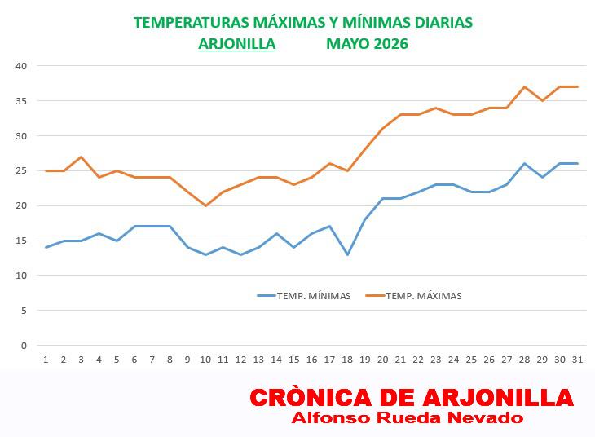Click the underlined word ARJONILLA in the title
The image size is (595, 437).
(237, 44)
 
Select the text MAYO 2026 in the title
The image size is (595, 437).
(367, 44)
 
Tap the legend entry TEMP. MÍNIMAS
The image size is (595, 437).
(304, 296)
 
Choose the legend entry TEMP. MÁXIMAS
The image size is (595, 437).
(413, 296)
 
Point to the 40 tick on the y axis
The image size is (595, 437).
(21, 66)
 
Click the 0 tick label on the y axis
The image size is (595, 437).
(24, 346)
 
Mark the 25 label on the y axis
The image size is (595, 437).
(21, 170)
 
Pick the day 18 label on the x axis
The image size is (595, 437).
(347, 360)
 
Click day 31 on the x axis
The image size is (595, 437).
(577, 360)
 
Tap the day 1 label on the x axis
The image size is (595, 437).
(46, 360)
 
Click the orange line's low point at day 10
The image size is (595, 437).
(205, 205)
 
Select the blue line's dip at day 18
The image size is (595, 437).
(347, 254)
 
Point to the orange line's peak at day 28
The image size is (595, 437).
(524, 86)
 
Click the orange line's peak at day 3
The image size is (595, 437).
(82, 157)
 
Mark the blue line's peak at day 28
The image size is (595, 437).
(524, 164)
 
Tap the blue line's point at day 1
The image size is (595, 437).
(46, 248)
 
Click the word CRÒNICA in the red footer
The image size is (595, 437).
(311, 398)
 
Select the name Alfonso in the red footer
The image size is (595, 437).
(331, 417)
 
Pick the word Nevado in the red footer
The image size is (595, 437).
(485, 417)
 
